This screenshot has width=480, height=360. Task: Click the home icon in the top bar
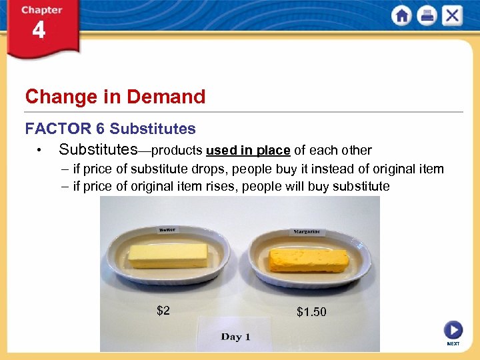pos(401,15)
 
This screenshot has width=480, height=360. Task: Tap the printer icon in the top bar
pos(427,15)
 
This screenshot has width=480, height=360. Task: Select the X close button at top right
pos(452,15)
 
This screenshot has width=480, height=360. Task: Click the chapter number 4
pos(39,31)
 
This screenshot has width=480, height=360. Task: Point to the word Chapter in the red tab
pos(41,10)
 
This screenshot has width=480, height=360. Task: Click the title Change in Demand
pos(115,97)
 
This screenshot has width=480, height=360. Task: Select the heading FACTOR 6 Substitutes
pos(111,129)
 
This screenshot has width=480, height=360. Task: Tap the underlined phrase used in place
pos(248,150)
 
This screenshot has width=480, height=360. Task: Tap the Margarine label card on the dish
pos(307,232)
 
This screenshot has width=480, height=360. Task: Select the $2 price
pos(163,310)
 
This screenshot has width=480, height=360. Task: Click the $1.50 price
pos(311,312)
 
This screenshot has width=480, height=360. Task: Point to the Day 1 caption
pos(235,337)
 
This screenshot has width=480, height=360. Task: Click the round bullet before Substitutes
pos(41,151)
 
